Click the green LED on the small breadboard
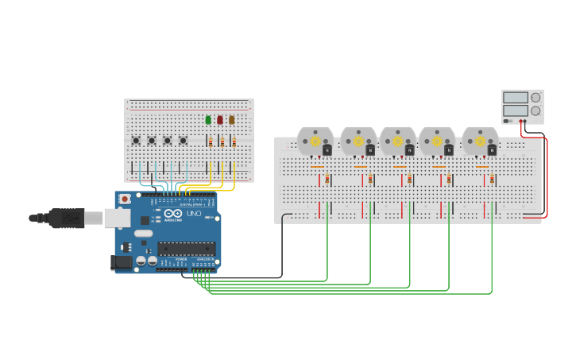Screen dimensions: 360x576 click(x=208, y=120)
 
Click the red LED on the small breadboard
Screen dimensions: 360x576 click(x=220, y=120)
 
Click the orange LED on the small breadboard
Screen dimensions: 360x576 click(x=232, y=120)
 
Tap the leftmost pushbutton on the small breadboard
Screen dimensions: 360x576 click(x=136, y=141)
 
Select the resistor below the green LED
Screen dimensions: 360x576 click(x=211, y=142)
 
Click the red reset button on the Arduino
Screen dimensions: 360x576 click(x=125, y=199)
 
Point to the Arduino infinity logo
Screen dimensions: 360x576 click(x=173, y=213)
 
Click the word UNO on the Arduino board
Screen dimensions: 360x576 click(x=193, y=213)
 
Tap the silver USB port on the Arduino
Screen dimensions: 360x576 click(x=117, y=218)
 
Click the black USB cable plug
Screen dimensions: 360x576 click(x=67, y=218)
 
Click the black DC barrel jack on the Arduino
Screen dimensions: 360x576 click(x=121, y=262)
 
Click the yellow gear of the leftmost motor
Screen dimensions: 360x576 click(x=315, y=141)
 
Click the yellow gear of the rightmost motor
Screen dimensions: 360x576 click(x=480, y=141)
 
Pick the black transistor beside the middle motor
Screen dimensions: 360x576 click(x=409, y=150)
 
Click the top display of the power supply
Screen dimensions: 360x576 click(x=515, y=98)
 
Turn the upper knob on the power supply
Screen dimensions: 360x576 click(x=535, y=98)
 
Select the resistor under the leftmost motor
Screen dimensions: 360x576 click(x=327, y=179)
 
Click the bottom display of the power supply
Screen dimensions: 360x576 click(x=515, y=110)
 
